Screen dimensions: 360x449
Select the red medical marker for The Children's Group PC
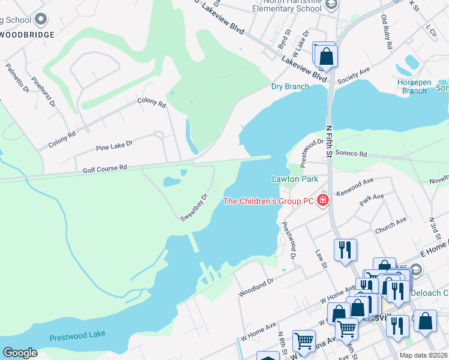pos(324,200)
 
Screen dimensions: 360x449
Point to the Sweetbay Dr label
pos(194,208)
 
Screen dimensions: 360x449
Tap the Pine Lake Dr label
pos(113,145)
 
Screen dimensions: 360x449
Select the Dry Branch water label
pos(290,86)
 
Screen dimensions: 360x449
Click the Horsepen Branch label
pos(414,86)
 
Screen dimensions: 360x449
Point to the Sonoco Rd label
pos(351,154)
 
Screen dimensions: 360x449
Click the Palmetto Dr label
pos(17,77)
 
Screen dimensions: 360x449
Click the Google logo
pos(20,353)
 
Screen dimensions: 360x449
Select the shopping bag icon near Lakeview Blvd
pos(327,56)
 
